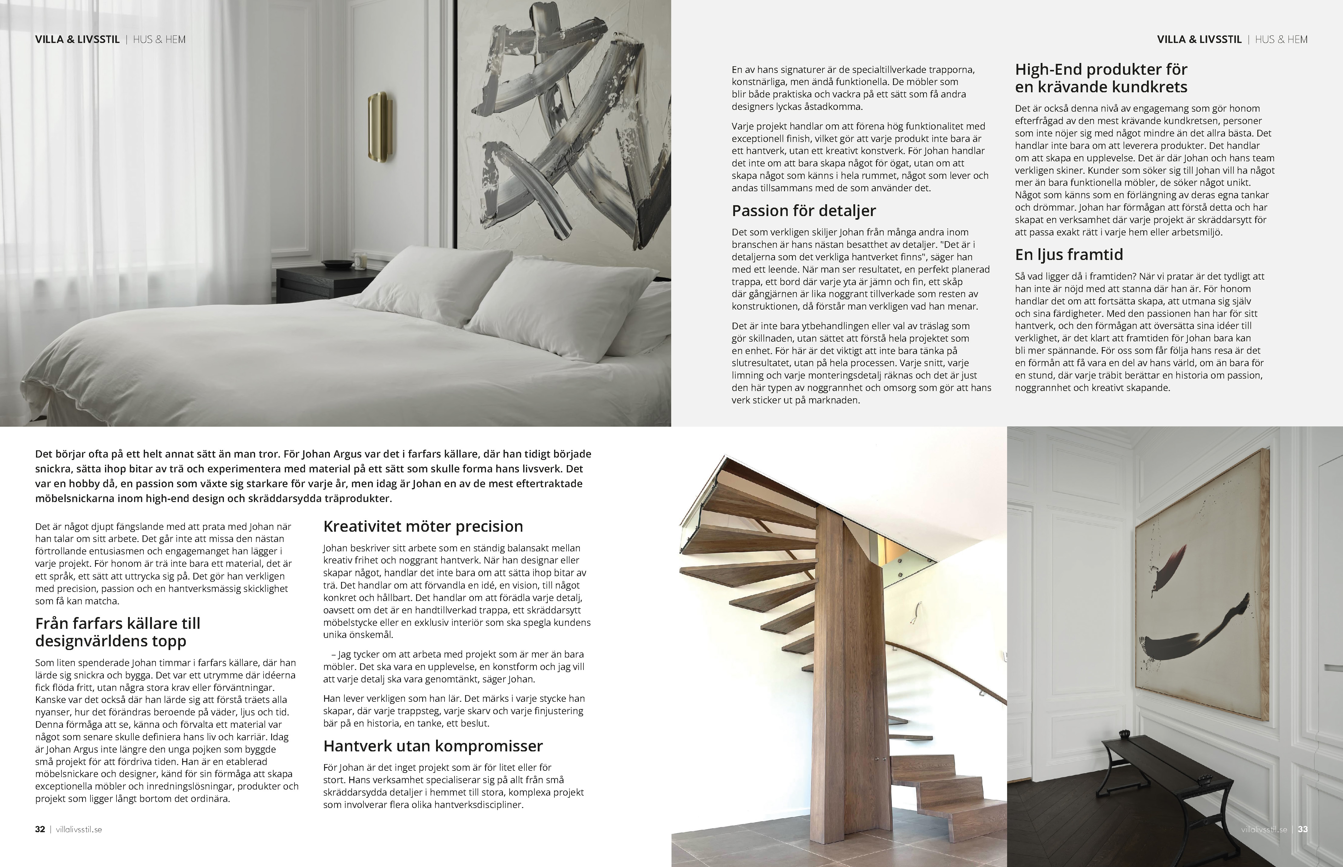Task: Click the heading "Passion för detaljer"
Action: tap(804, 211)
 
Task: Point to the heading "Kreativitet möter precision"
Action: tap(423, 526)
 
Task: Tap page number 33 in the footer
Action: tap(1302, 829)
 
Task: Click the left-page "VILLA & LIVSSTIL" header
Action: tap(77, 39)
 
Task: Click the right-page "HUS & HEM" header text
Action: tap(1281, 39)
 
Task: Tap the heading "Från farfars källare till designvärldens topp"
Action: tap(118, 632)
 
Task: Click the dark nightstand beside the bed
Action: tap(315, 287)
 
